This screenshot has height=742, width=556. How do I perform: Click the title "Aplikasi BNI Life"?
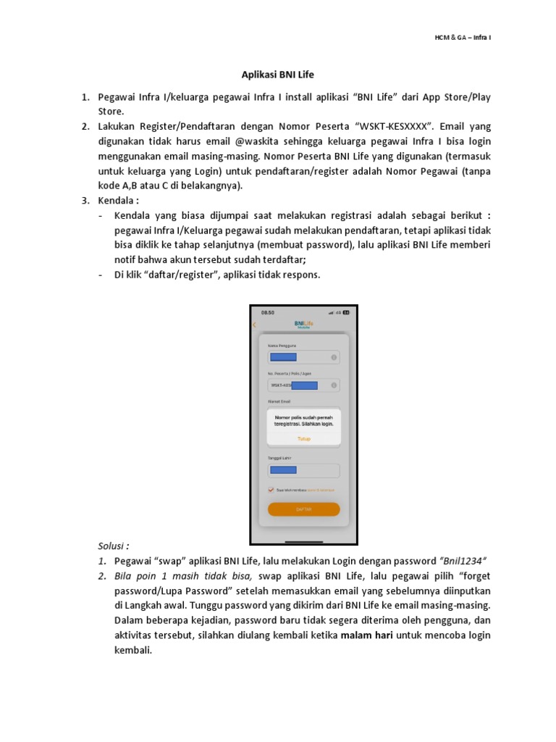pos(277,75)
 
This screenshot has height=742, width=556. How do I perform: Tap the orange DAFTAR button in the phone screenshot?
pos(303,509)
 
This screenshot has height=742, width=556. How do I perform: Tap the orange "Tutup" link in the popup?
pos(303,438)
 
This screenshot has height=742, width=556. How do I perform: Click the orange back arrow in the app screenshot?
pos(255,325)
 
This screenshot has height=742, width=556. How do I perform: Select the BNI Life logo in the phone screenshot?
pos(303,323)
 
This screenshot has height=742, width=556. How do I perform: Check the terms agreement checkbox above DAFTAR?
pos(271,490)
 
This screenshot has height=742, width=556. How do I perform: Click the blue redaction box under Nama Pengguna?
pos(282,357)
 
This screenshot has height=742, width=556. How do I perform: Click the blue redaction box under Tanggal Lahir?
pos(282,470)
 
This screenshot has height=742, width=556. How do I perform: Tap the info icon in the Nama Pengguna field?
pos(334,357)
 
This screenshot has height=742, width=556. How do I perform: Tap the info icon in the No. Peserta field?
pos(334,385)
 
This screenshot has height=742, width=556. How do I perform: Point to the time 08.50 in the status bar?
pos(267,312)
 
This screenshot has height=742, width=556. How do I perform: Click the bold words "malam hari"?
pos(368,635)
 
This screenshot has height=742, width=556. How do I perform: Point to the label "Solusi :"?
pos(114,546)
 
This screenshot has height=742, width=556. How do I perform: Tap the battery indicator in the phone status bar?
pos(346,312)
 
